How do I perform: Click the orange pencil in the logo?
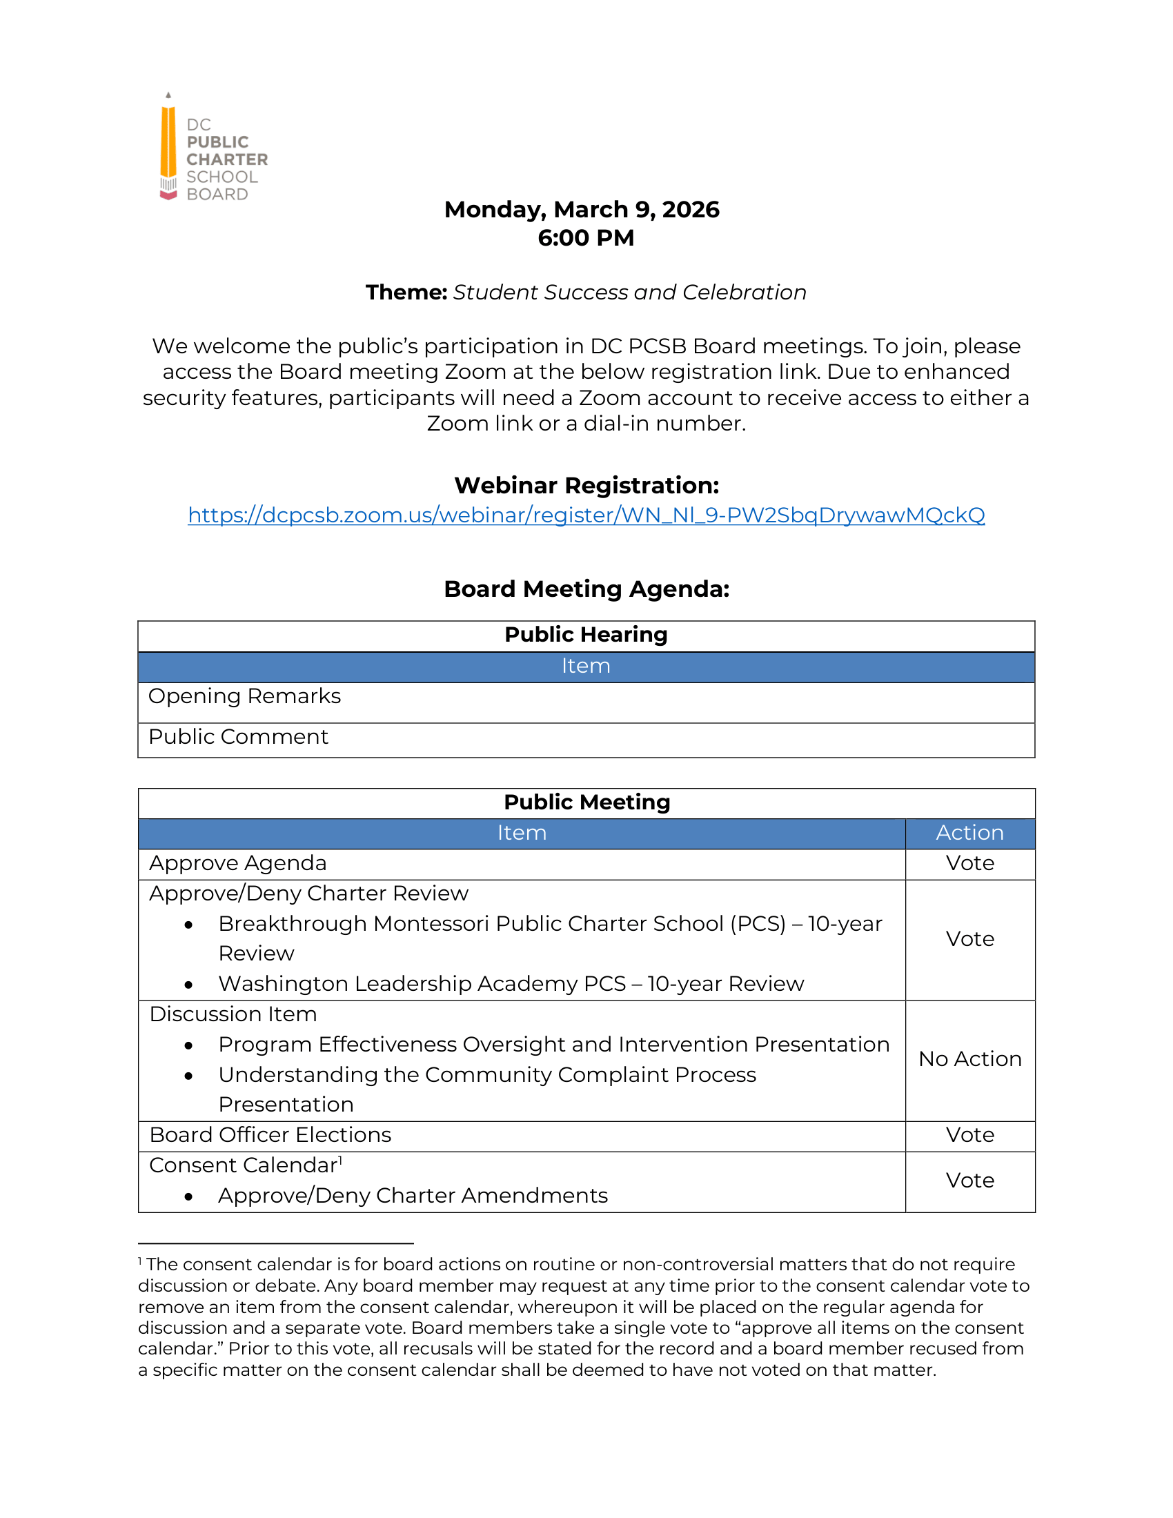click(168, 143)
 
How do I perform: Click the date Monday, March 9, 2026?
click(582, 209)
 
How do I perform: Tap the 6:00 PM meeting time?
click(586, 238)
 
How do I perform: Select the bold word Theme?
click(406, 293)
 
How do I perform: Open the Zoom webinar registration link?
click(586, 515)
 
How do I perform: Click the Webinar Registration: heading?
click(586, 485)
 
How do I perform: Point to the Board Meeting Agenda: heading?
click(586, 589)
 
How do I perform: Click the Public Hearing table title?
click(586, 635)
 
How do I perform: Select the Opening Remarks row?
click(245, 696)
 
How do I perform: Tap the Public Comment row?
click(238, 737)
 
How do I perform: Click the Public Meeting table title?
click(586, 802)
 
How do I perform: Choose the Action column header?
click(969, 833)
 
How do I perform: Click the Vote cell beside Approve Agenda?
click(969, 863)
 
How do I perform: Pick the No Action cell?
click(969, 1058)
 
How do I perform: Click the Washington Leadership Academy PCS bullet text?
click(511, 984)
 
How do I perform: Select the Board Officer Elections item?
click(270, 1135)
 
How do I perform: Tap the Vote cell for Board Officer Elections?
click(969, 1135)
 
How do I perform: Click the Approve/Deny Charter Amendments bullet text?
click(413, 1196)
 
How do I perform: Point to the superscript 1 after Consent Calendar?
click(340, 1159)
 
